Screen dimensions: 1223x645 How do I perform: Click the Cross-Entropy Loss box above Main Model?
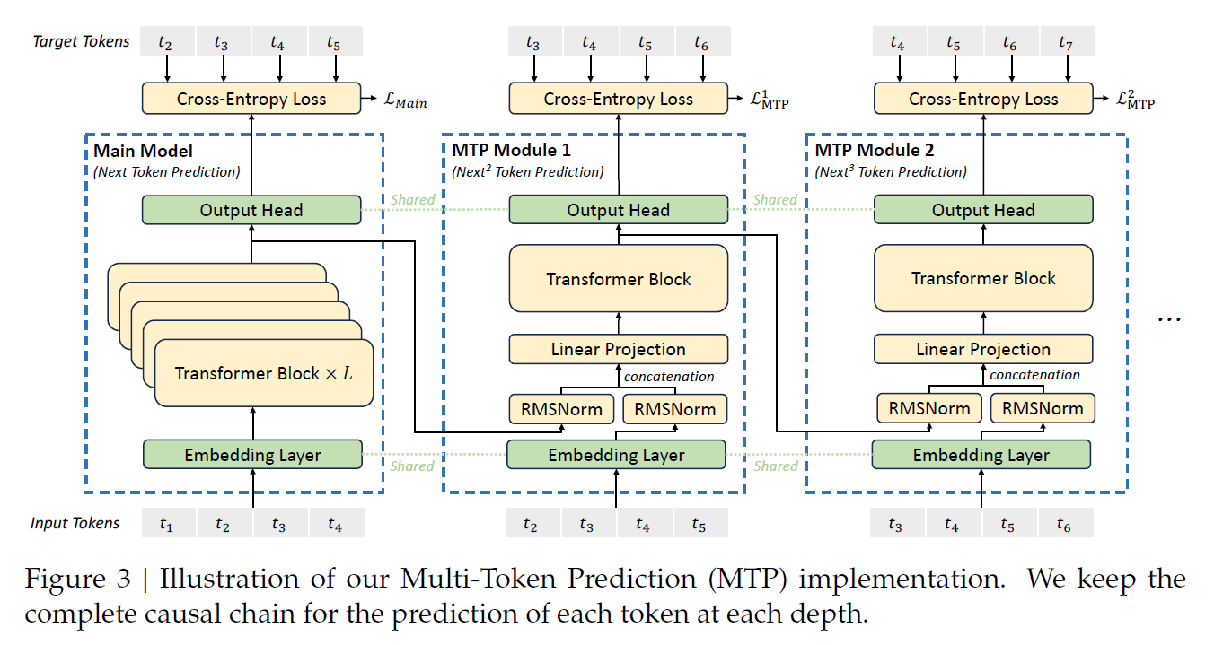coord(251,98)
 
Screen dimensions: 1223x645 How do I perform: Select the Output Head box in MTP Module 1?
coord(618,210)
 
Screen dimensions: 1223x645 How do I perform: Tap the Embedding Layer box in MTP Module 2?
coord(981,455)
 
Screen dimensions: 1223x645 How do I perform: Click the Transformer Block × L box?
coord(264,373)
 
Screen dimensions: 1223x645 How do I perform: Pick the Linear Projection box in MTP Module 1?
coord(618,349)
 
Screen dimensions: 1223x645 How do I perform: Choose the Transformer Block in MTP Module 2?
coord(983,278)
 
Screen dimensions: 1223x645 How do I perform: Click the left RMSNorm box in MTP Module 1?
coord(561,409)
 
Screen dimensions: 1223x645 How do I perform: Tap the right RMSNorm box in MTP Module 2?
coord(1043,408)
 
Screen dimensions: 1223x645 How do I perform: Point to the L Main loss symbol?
coord(405,100)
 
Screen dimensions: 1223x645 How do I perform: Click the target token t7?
coord(1066,41)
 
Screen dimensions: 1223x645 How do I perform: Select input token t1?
coord(167,523)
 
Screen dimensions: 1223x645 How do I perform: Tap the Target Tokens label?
coord(81,41)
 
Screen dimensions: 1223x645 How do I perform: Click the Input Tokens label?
coord(75,523)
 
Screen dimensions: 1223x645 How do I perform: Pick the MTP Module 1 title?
coord(511,150)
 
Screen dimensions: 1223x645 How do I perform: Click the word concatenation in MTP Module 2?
coord(1034,375)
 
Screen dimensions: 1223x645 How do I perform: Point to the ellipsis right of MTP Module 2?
coord(1169,319)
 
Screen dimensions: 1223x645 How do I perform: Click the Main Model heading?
coord(143,151)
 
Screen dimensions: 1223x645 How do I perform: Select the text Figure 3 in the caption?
coord(77,579)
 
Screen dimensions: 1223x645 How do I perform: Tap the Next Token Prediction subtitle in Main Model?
coord(166,172)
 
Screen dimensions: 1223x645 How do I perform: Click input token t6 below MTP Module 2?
coord(1064,523)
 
